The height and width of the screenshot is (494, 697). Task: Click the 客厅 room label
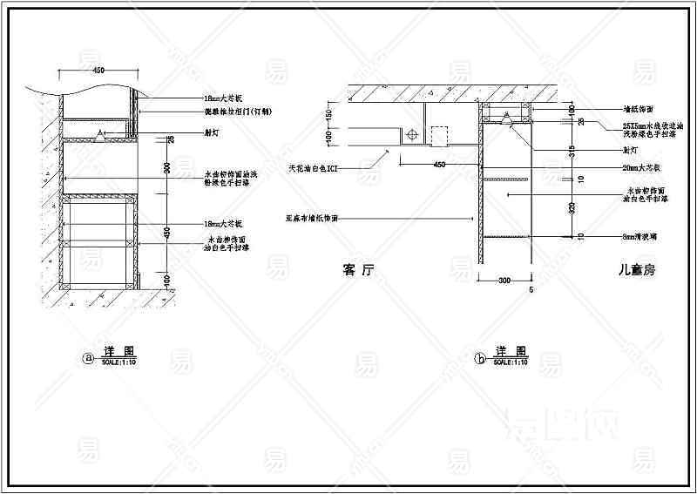click(359, 270)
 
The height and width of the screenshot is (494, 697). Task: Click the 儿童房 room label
click(634, 271)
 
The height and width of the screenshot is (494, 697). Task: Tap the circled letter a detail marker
click(86, 357)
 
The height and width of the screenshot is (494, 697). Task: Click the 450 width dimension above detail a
click(98, 70)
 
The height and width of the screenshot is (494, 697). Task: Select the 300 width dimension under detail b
click(504, 281)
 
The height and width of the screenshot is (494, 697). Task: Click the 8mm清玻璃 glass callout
click(640, 236)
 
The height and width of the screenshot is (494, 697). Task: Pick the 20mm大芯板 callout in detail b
click(643, 166)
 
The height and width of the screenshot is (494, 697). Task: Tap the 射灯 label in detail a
click(212, 135)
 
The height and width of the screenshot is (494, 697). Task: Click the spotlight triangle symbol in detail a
click(101, 133)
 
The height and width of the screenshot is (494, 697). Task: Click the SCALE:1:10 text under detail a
click(118, 361)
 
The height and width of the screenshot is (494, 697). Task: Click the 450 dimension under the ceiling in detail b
click(439, 164)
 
